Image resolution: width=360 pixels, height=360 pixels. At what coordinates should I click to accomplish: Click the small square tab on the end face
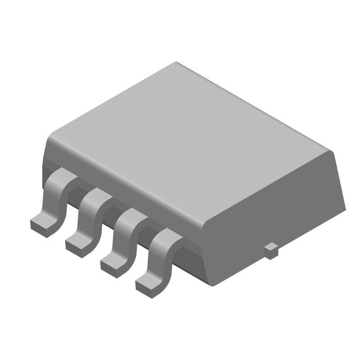[271, 251]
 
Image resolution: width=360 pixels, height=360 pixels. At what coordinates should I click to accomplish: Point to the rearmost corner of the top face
[175, 63]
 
